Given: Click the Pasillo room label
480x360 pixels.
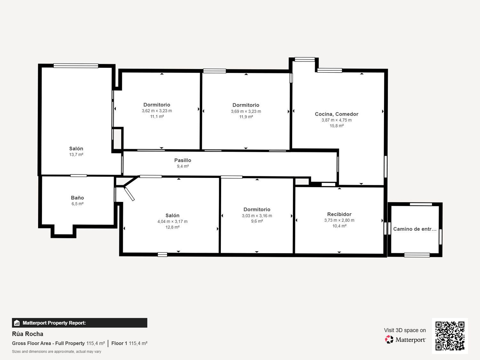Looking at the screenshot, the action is (x=183, y=160).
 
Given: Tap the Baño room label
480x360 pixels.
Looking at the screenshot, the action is (x=77, y=198).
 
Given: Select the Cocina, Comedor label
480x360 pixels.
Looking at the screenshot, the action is (x=337, y=114).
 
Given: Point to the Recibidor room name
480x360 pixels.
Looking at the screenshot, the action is (x=339, y=214).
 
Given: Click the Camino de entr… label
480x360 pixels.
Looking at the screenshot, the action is (x=415, y=229).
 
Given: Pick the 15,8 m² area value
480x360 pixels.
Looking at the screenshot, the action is (x=337, y=126).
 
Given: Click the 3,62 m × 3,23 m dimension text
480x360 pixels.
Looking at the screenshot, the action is (x=157, y=111).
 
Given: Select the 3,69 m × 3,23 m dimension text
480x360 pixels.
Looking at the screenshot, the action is (x=246, y=111).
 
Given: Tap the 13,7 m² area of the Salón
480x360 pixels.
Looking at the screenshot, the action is (x=76, y=155).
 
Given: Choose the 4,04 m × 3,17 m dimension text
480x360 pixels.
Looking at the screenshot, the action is (x=172, y=221).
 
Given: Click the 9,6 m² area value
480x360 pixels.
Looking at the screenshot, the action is (x=257, y=221).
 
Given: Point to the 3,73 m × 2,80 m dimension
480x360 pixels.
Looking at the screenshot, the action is (x=339, y=220).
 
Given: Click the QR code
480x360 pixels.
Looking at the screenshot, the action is (x=450, y=336).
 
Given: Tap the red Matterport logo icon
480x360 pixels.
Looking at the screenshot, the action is (x=389, y=340).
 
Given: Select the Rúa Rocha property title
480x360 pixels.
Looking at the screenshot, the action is (x=28, y=334).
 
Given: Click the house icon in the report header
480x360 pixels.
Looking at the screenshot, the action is (x=17, y=323).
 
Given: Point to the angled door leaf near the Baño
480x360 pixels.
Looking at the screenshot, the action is (x=129, y=194).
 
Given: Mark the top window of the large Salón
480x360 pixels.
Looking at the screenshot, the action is (x=76, y=66).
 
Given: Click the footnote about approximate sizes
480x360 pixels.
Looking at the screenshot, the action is (x=56, y=352).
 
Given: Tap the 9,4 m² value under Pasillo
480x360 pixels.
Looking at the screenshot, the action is (x=183, y=166).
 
